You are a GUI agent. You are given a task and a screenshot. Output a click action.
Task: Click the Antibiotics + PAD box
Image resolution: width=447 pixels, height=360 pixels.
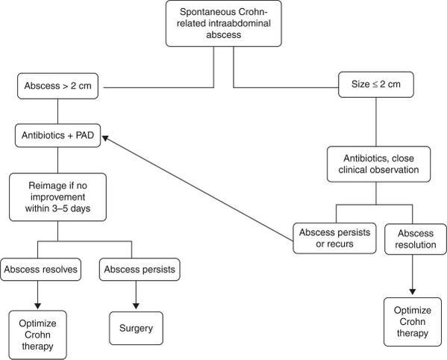57,137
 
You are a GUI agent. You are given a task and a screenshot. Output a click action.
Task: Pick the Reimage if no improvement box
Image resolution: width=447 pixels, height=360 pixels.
57,196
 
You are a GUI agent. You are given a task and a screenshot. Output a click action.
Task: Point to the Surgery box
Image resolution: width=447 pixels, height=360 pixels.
135,326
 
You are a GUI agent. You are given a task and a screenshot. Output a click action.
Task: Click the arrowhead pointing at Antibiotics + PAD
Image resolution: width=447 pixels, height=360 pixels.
106,139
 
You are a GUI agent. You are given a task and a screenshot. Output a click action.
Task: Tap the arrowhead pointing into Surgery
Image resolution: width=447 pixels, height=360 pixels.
135,306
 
